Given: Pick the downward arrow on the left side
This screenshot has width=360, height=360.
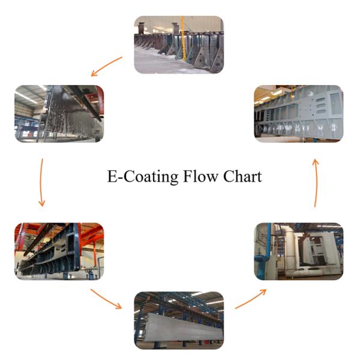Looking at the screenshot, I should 41,182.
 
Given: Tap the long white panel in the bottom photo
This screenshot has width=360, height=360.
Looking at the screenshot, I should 180,324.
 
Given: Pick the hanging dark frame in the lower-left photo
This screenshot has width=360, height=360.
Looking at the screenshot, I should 57,252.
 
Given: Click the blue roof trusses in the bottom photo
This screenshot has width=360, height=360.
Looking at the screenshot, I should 180,300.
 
